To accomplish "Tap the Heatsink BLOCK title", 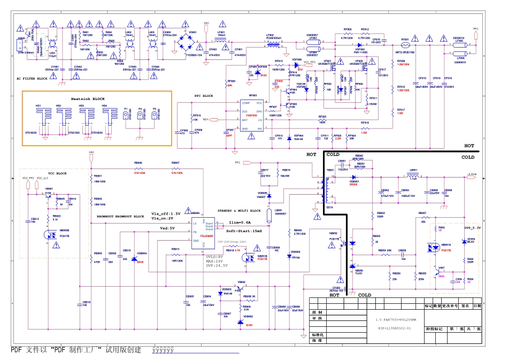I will click(88, 99).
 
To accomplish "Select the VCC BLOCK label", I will click(58, 173).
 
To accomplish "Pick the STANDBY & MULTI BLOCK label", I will click(240, 211).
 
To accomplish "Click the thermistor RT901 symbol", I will click(405, 45).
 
